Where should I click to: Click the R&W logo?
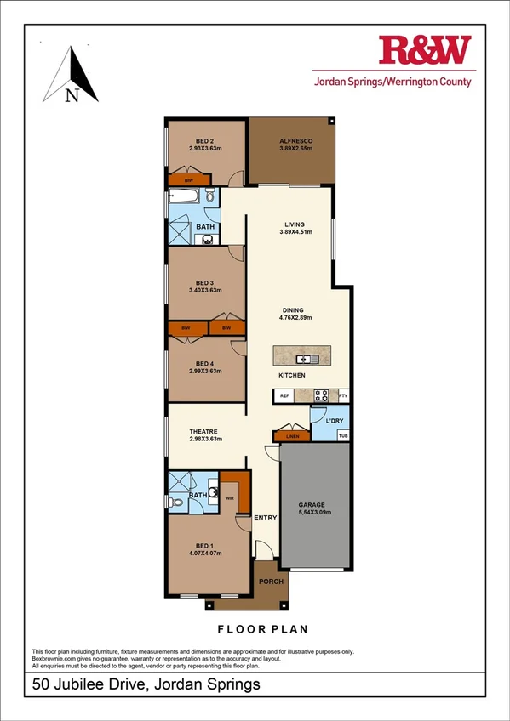click(x=424, y=51)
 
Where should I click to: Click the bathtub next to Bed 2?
click(x=185, y=196)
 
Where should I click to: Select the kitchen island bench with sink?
click(x=305, y=355)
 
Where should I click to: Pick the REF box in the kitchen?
click(x=284, y=395)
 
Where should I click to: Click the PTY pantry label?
click(x=343, y=395)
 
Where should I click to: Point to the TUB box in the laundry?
click(x=343, y=436)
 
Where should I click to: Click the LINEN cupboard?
click(x=292, y=436)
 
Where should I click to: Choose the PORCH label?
click(x=272, y=582)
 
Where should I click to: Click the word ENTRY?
click(x=266, y=518)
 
